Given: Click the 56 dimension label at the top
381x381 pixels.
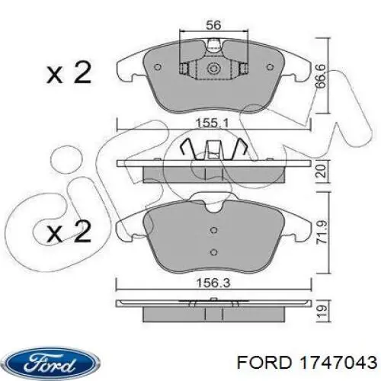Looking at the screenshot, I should (x=213, y=25).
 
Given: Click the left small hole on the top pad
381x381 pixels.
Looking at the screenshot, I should (x=158, y=66).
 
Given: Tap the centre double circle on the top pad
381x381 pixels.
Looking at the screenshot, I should (x=213, y=70).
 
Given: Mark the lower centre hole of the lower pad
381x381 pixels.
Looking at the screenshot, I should (x=213, y=251).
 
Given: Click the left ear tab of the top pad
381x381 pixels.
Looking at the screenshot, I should (x=124, y=71).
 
